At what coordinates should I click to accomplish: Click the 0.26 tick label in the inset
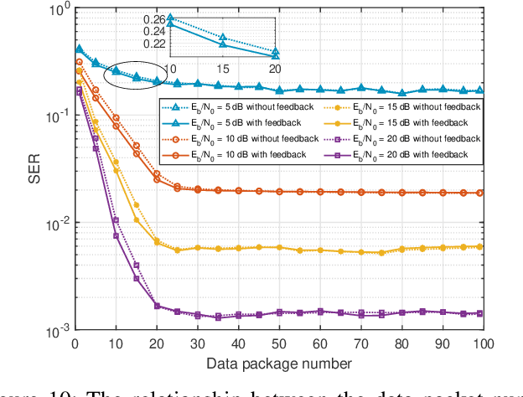click(153, 18)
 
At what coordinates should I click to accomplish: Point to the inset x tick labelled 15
click(223, 67)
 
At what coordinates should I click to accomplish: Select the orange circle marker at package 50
click(279, 191)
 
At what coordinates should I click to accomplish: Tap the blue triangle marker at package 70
click(360, 87)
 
